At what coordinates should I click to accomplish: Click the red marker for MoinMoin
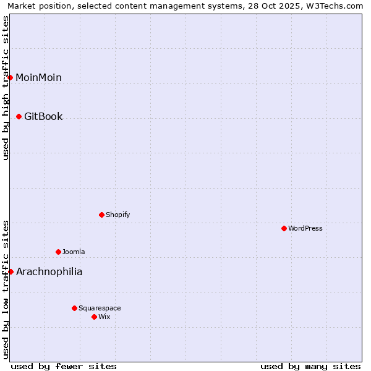coord(11,77)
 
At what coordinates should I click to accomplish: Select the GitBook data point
coord(19,116)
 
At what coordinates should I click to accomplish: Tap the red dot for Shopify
coord(102,215)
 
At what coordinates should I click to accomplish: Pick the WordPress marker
coord(284,228)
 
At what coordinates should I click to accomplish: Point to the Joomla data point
coord(59,252)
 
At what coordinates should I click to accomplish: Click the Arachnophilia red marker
coord(11,271)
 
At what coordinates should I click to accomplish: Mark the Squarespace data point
coord(75,308)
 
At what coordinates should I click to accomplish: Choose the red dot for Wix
coord(95,317)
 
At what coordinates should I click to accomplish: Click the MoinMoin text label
coord(38,77)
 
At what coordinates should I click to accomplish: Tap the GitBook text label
coord(43,116)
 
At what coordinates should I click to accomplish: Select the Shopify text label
coord(117,215)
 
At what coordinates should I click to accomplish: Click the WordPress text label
coord(305,228)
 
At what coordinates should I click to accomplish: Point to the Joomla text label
coord(74,252)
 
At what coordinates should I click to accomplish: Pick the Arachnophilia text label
coord(49,271)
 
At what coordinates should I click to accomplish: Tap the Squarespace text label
coord(100,308)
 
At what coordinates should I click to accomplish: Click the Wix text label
coord(104,317)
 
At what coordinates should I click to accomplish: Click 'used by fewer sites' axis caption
coord(64,366)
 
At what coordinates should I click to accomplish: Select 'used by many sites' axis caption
coord(310,366)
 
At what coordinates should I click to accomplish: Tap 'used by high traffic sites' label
coord(6,88)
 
